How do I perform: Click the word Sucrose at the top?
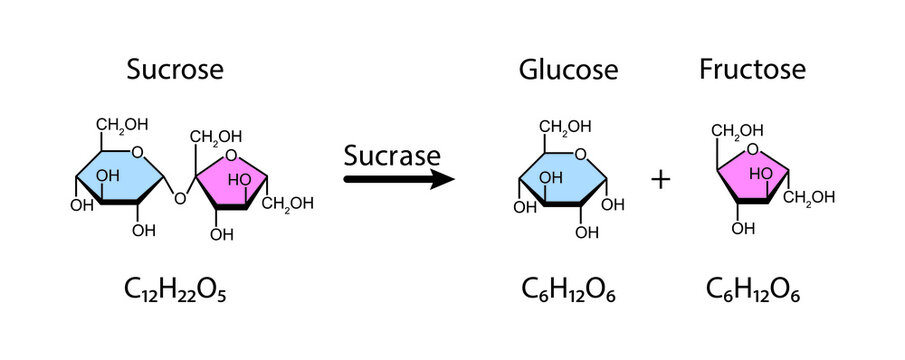click(x=175, y=70)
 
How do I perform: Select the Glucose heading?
click(x=567, y=70)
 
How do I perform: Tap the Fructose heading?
click(x=752, y=70)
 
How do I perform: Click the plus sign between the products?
click(x=660, y=179)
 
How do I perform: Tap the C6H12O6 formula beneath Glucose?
click(x=568, y=290)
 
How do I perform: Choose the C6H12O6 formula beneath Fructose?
click(x=752, y=290)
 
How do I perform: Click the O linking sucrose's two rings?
click(x=181, y=198)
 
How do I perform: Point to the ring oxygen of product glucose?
click(x=581, y=154)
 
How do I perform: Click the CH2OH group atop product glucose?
click(x=565, y=127)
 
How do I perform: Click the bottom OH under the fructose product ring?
click(x=741, y=228)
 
